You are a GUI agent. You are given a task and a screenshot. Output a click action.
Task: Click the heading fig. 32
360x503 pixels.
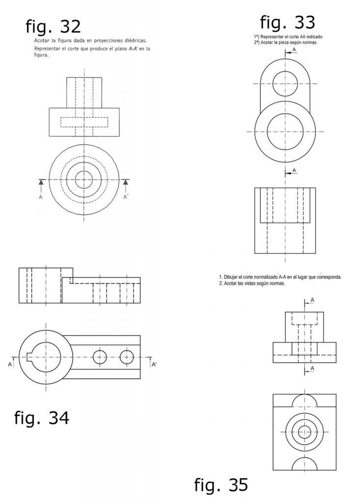tap(53, 27)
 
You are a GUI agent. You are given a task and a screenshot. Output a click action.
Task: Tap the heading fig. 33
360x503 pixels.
tap(287, 23)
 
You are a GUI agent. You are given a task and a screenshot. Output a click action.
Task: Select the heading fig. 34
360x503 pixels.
tap(42, 419)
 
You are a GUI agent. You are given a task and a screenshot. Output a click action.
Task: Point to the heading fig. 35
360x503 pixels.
tap(221, 485)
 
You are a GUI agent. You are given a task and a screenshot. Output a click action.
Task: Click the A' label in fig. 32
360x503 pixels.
tap(126, 197)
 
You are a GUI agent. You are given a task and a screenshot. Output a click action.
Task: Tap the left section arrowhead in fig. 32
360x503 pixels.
tap(41, 182)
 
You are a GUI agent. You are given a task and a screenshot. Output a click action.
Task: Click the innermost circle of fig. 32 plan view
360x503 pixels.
tap(84, 180)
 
